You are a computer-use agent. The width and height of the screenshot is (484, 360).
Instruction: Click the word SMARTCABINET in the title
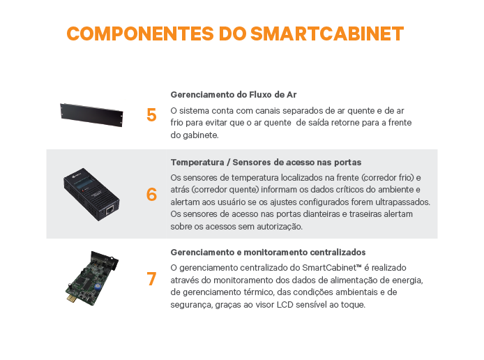[x=327, y=33]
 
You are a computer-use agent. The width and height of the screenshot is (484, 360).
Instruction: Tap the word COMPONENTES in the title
[x=140, y=33]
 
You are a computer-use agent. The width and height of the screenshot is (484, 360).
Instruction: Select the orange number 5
[x=151, y=115]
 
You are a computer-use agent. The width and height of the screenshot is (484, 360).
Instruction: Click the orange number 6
[x=151, y=195]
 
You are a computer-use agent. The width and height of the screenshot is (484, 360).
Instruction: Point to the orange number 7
[x=151, y=279]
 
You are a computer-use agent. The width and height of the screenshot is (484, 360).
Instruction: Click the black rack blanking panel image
[x=91, y=115]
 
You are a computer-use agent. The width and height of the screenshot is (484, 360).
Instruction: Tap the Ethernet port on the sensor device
[x=109, y=210]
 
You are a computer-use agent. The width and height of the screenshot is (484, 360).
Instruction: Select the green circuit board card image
[x=91, y=278]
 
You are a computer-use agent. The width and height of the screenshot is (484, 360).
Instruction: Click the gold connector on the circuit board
[x=70, y=298]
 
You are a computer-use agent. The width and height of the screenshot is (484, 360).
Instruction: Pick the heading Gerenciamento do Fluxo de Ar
[x=234, y=94]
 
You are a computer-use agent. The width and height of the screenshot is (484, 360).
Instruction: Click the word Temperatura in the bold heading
[x=197, y=163]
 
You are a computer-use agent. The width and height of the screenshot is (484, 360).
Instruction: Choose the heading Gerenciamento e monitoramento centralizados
[x=268, y=253]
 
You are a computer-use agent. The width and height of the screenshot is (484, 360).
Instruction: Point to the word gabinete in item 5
[x=201, y=135]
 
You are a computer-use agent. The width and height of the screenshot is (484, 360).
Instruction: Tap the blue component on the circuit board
[x=97, y=286]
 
